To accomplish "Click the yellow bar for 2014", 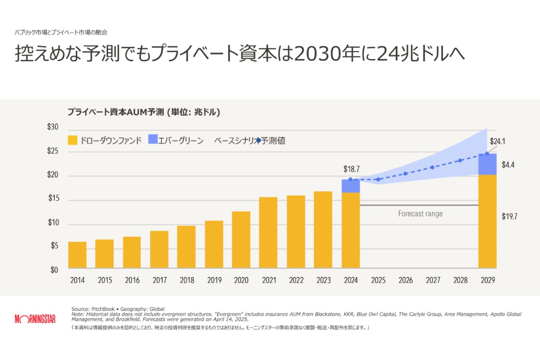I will (77, 255).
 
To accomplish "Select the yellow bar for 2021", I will (268, 233).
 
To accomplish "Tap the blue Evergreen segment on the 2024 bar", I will (351, 186).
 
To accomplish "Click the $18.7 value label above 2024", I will (351, 169).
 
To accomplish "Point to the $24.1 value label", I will (498, 141).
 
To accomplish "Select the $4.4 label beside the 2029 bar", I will (508, 165).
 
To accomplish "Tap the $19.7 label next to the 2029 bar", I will (509, 216).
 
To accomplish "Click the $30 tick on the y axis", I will (53, 127).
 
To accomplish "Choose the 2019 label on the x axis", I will (214, 280).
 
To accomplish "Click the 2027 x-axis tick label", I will (433, 280).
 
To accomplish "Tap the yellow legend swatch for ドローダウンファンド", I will (72, 140).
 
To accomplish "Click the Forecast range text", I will (420, 214).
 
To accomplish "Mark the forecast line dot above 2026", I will (405, 174).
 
